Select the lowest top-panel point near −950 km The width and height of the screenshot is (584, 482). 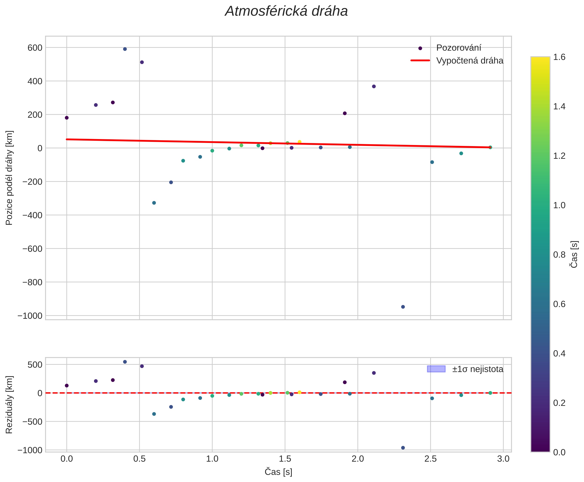click(x=403, y=307)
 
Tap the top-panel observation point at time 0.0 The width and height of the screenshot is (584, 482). click(x=67, y=118)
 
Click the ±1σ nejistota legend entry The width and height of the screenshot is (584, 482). click(x=477, y=369)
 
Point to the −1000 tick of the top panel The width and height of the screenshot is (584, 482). click(x=30, y=316)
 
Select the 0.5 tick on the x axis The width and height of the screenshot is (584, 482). click(x=139, y=459)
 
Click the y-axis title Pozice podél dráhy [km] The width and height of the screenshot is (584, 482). click(x=9, y=178)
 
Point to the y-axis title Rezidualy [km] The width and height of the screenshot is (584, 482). click(x=9, y=405)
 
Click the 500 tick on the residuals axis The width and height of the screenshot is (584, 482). click(x=35, y=365)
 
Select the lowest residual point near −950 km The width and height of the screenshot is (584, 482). click(x=403, y=448)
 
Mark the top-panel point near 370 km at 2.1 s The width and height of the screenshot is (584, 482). click(x=374, y=86)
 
